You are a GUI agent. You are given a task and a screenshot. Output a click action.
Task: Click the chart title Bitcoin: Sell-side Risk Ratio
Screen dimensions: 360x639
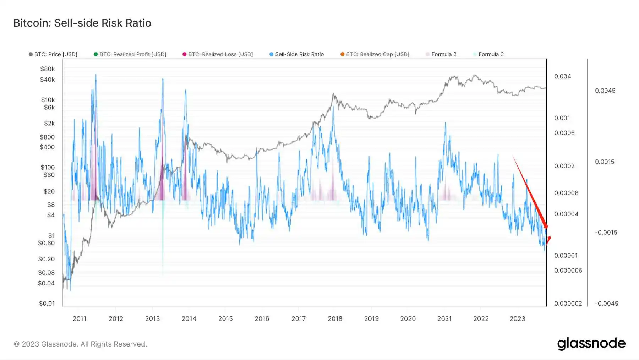coord(82,23)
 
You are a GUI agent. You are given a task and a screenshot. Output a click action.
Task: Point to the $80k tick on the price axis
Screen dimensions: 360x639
coord(48,69)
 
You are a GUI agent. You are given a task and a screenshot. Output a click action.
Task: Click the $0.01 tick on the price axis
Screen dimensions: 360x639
coord(47,304)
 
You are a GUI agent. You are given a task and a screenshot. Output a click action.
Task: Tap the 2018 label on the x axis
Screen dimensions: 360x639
coord(335,319)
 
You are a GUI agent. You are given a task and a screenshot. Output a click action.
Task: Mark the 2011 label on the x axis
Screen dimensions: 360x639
coord(80,319)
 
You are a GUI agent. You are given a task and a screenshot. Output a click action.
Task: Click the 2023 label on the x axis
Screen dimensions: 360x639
coord(517,319)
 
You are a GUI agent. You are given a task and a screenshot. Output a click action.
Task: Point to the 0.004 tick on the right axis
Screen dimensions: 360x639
coord(562,76)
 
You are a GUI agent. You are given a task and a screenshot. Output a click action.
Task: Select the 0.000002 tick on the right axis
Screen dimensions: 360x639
coord(568,304)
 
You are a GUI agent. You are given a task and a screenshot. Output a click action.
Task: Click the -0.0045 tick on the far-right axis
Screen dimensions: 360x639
coord(606,304)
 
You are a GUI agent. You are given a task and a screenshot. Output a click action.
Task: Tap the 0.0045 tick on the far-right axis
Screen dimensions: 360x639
coord(605,91)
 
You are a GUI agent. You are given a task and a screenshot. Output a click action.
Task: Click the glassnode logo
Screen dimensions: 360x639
coord(591,344)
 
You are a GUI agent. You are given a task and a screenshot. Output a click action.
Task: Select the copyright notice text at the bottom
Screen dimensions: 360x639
coord(80,344)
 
